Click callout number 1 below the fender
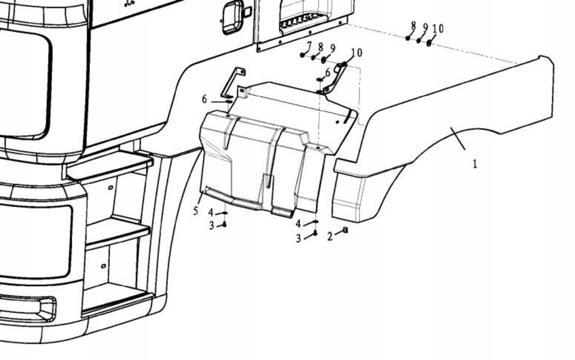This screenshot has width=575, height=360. coord(475,164)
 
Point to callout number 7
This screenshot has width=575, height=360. coord(309,46)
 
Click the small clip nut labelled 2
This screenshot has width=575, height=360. coord(345,230)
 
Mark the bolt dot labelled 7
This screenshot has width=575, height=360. coord(302,55)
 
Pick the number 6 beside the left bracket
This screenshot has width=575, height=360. coord(204,99)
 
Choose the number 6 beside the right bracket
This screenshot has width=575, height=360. coord(327,72)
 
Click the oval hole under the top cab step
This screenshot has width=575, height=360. coord(110,187)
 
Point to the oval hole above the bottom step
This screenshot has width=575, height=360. coord(104,266)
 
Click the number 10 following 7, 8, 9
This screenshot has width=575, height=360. coord(356,52)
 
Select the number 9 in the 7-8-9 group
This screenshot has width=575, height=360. coord(333,48)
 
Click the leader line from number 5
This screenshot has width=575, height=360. coord(201,199)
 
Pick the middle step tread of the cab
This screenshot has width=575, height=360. coord(117,232)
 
